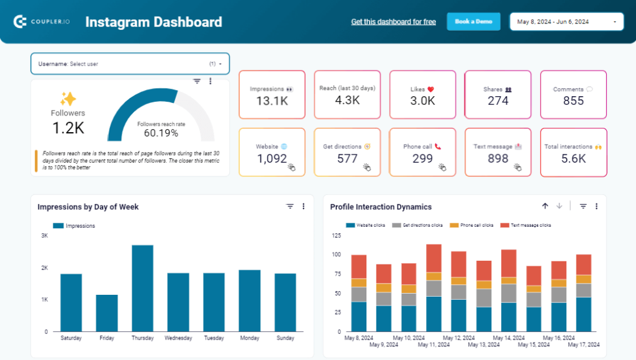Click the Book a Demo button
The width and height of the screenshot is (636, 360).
click(x=473, y=22)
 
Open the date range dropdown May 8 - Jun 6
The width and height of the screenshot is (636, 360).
click(x=566, y=22)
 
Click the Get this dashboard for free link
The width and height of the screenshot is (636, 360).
click(x=393, y=22)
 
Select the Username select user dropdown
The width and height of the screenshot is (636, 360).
click(x=130, y=63)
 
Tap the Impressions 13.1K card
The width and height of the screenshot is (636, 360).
click(x=271, y=95)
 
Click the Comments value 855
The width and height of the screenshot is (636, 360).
click(x=573, y=101)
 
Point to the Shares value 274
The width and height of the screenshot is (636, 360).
click(x=497, y=101)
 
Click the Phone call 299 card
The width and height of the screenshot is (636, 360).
click(x=422, y=153)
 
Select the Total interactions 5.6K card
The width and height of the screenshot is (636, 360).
click(x=573, y=153)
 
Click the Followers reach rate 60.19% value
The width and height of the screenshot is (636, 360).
click(x=161, y=133)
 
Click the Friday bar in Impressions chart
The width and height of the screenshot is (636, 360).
click(x=107, y=313)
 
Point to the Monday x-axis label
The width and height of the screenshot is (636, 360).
click(x=249, y=338)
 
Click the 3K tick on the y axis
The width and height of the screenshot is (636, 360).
click(x=45, y=236)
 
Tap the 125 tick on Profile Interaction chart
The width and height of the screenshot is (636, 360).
click(x=337, y=236)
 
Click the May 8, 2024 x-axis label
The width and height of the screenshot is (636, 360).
click(x=358, y=338)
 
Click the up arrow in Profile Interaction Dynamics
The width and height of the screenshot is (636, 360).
click(x=545, y=206)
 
